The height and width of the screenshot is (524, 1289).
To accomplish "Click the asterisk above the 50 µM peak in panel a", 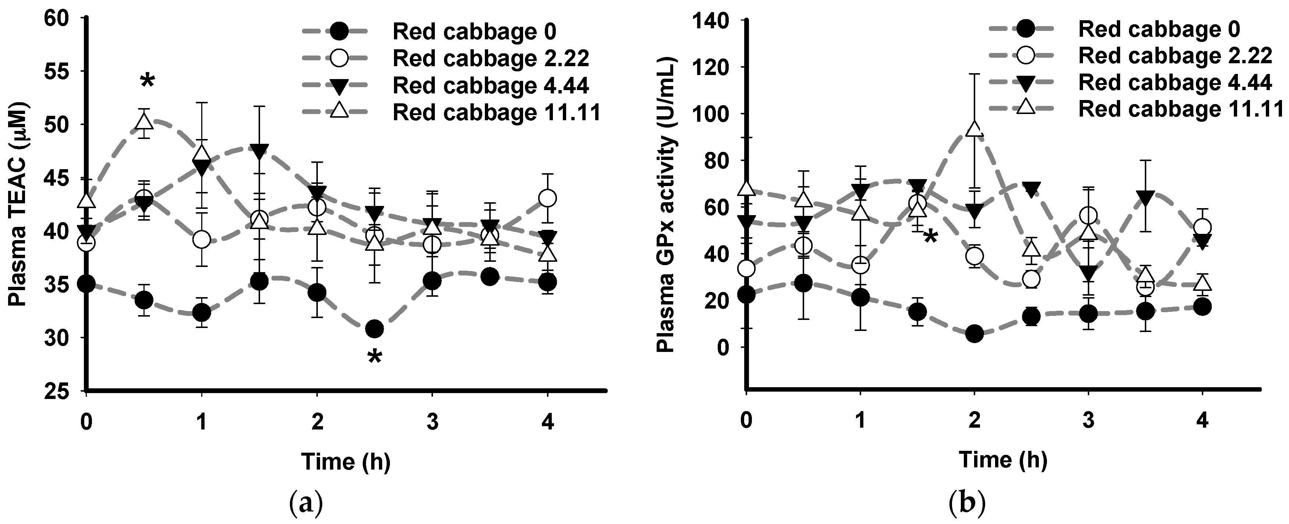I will coord(147,80).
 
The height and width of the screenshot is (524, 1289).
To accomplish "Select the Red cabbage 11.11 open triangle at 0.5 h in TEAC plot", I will coord(145,121).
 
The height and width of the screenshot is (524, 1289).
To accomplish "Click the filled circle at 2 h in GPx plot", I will coord(974,334).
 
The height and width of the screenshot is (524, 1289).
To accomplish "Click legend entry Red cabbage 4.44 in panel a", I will coord(490,86).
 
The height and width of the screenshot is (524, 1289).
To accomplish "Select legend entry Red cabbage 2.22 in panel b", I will coord(1175,56).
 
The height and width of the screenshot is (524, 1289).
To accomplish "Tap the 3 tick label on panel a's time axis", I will coord(432,423).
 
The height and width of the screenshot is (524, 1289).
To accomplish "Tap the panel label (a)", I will coord(306,506).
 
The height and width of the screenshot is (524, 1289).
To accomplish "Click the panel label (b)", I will coord(967,506).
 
